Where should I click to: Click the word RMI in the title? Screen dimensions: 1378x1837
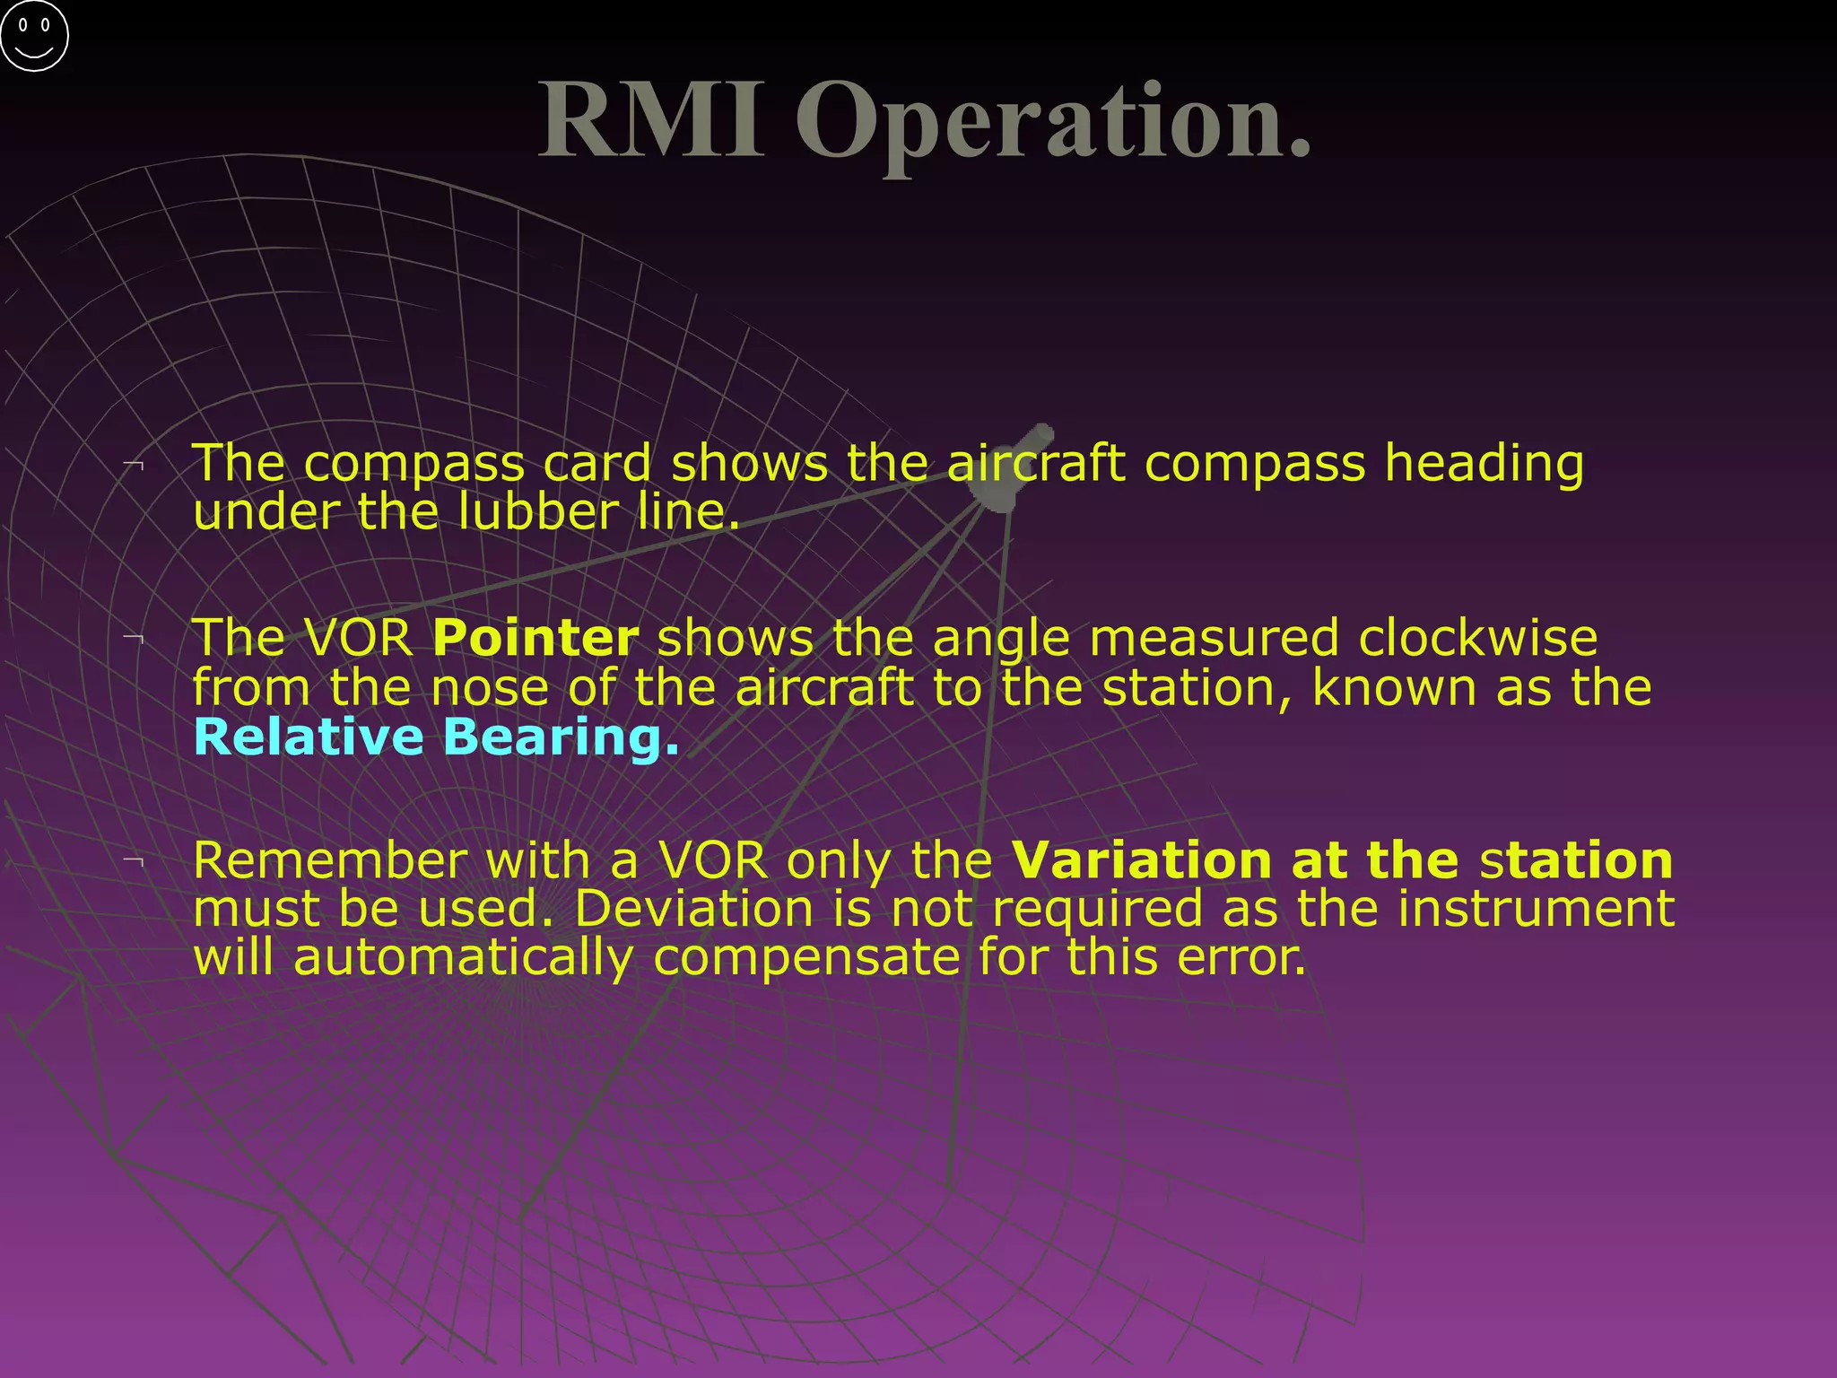[652, 120]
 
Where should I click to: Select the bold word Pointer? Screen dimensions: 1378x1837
[535, 638]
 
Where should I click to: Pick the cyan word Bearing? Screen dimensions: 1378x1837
[561, 738]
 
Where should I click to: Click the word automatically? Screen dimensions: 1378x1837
[463, 958]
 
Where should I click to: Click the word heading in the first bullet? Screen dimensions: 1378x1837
[1484, 466]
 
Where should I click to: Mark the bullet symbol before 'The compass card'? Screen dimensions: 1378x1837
[135, 464]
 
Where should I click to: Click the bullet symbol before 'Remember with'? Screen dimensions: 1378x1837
[135, 861]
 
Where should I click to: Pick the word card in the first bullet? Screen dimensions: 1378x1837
[596, 464]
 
